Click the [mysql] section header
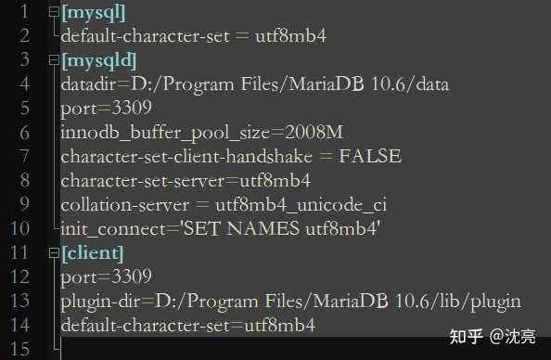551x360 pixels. coord(94,12)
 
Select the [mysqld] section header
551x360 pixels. coord(99,60)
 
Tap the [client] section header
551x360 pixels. coord(93,252)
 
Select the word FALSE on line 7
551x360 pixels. coord(371,156)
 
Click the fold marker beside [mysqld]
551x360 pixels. coord(54,60)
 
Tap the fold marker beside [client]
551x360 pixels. coord(54,252)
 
